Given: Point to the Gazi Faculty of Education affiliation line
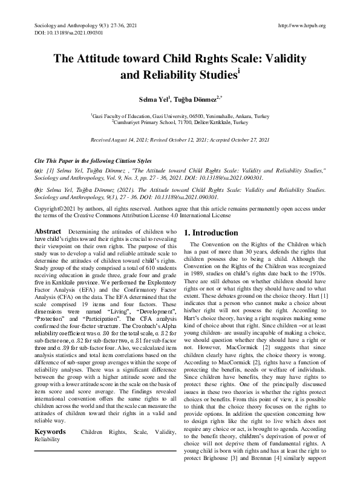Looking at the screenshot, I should coord(180,115).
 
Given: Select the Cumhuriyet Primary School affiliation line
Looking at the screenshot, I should coord(180,122).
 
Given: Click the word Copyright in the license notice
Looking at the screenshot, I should coord(47,207).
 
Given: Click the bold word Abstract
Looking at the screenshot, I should coord(48,232).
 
